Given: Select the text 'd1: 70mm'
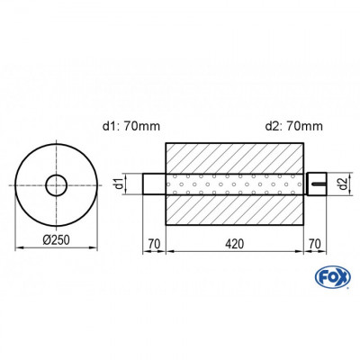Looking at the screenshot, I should tap(125, 125).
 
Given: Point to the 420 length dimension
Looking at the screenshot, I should tap(236, 244).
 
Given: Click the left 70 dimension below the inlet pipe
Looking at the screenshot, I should tap(154, 244).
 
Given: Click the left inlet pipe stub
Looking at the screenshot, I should tap(154, 185).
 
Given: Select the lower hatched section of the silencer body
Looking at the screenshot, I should tap(236, 214).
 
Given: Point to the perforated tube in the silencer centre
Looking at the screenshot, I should tap(236, 185).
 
